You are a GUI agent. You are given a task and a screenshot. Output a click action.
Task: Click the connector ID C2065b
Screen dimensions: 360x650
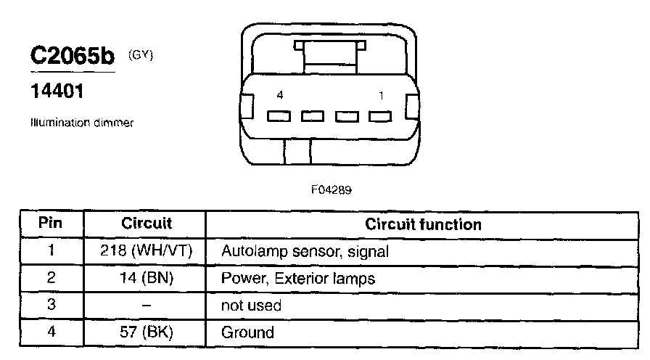tap(73, 57)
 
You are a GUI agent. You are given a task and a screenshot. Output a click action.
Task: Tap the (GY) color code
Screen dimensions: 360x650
tap(141, 54)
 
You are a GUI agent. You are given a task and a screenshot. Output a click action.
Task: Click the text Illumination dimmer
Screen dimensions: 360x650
tap(81, 123)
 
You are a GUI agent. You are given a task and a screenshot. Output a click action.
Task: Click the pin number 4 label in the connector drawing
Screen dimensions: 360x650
tap(280, 95)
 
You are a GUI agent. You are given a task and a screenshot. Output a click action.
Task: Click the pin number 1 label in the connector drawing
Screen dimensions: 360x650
tap(382, 95)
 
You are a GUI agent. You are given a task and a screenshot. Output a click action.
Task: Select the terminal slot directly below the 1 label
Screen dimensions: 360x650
tap(380, 115)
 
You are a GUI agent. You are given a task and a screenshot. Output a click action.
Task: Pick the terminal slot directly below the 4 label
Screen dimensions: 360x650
tap(278, 115)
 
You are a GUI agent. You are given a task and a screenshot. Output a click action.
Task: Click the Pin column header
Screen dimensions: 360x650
tap(52, 224)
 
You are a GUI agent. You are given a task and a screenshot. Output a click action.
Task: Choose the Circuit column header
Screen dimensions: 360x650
tap(146, 224)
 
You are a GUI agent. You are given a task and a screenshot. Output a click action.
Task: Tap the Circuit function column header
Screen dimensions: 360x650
tap(424, 224)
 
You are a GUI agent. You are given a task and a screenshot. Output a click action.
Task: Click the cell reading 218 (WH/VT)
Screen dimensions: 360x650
tap(146, 252)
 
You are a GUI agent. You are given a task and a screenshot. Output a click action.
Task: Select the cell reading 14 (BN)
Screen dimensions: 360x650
tap(146, 279)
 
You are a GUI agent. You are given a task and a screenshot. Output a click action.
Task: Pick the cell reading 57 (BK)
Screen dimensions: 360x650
tap(146, 333)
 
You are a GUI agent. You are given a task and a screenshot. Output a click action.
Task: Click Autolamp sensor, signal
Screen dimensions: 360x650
tap(305, 252)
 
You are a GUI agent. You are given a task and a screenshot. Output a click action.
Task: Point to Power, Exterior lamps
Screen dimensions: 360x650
tap(297, 279)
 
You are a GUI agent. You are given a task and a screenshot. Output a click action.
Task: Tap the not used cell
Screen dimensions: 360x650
tap(251, 306)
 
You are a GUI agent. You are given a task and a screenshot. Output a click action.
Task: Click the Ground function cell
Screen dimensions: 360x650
tap(247, 333)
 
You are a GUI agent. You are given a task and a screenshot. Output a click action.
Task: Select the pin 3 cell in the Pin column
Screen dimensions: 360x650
tap(52, 306)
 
